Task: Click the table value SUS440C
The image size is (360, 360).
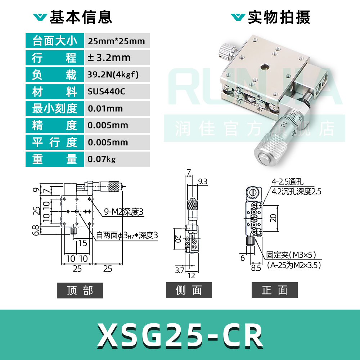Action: (106, 91)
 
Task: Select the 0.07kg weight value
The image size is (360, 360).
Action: (102, 159)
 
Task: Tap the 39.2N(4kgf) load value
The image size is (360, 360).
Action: (113, 75)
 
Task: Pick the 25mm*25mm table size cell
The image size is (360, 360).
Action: (116, 41)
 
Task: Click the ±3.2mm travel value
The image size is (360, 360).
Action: (109, 58)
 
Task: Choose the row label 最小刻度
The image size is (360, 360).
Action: (55, 108)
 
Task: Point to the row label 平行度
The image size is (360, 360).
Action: (55, 142)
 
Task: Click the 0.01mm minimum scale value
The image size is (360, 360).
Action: (105, 108)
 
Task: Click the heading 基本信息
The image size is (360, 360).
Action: (81, 17)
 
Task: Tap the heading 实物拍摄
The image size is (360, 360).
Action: (279, 17)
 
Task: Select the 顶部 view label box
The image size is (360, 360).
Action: (80, 291)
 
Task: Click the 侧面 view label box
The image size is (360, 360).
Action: (189, 291)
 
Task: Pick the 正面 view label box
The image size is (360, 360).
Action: (274, 291)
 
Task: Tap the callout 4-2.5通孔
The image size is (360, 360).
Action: (287, 182)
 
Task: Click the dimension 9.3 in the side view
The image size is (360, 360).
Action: (203, 182)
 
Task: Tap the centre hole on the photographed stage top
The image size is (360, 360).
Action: (264, 67)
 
